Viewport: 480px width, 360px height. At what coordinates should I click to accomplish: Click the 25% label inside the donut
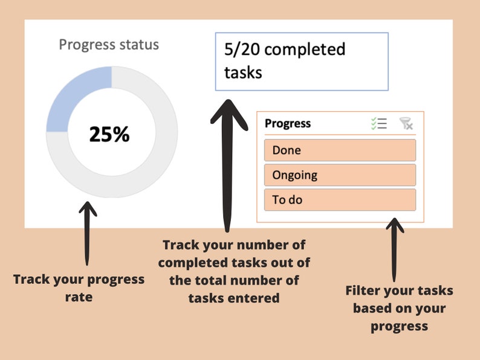[x=109, y=134]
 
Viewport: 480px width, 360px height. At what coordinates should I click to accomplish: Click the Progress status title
[x=109, y=45]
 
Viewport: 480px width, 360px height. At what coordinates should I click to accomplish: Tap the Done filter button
[x=340, y=150]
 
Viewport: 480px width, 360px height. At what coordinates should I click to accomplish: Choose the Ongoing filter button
[x=340, y=175]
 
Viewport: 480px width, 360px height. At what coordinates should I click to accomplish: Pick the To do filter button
[x=340, y=199]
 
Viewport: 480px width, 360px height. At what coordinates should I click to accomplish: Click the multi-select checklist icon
[x=379, y=124]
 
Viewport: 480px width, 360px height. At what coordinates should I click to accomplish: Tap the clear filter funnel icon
[x=406, y=124]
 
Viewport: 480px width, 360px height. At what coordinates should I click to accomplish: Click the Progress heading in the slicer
[x=288, y=124]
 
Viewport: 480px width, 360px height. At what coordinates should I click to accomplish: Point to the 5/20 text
[x=242, y=50]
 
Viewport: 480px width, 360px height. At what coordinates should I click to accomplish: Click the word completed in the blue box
[x=305, y=50]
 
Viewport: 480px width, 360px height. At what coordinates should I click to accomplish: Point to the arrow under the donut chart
[x=88, y=233]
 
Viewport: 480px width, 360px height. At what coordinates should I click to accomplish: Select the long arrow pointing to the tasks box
[x=227, y=163]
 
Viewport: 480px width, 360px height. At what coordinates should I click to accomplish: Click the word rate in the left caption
[x=79, y=297]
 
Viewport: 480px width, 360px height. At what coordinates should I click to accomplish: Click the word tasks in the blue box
[x=243, y=72]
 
